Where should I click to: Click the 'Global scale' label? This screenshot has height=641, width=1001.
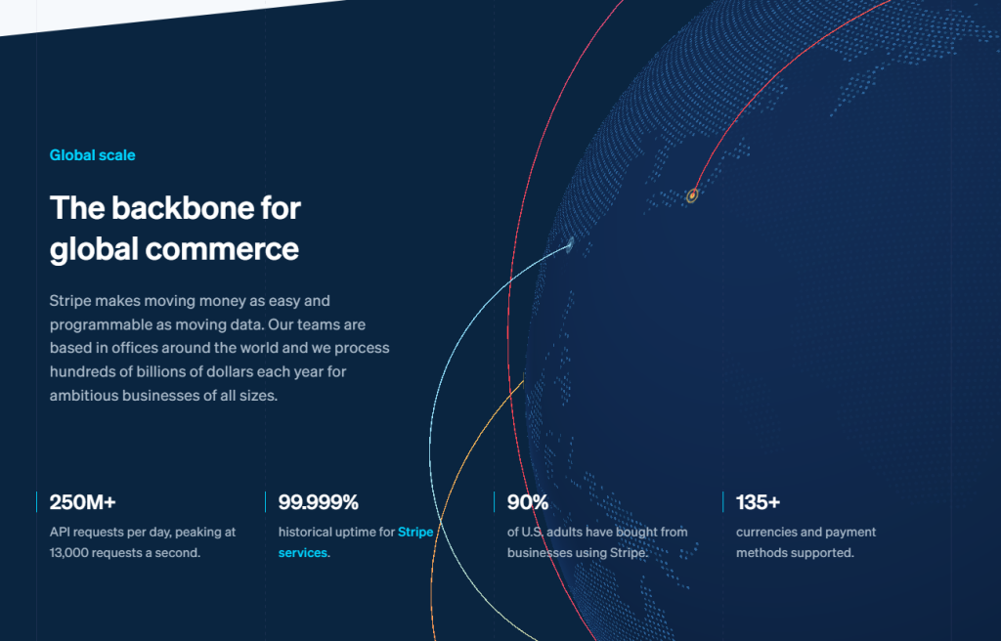[93, 155]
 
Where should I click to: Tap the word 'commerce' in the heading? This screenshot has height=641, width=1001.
[222, 248]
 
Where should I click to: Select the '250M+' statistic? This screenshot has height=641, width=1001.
[82, 502]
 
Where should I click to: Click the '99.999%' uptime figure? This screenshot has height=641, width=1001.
[318, 502]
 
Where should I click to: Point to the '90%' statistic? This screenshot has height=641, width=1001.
[527, 502]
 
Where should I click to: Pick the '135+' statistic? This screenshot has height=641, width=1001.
[758, 502]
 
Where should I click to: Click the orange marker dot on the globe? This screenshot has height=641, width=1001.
[692, 195]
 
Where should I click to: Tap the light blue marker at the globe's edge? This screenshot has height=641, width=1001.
[570, 244]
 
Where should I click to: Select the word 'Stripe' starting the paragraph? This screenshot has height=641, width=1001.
[70, 301]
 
